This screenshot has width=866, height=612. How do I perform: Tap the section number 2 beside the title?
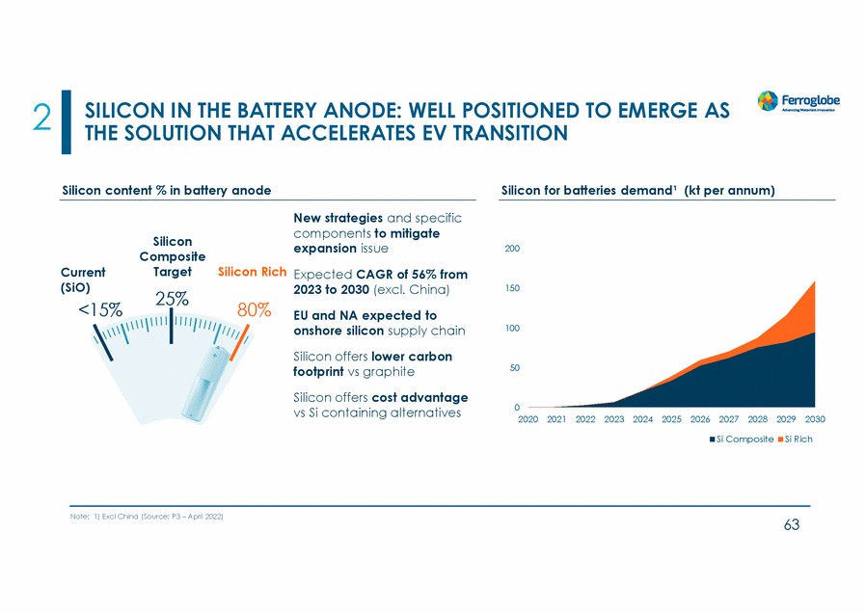point(41,119)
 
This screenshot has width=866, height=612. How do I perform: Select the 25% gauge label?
point(172,298)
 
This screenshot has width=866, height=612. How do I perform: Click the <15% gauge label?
point(99,309)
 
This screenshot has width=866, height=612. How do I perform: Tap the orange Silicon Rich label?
point(253,272)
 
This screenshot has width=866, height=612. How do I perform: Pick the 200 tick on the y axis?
point(512,249)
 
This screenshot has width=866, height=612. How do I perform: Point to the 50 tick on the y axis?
point(515,368)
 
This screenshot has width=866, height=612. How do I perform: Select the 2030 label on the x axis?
point(815,420)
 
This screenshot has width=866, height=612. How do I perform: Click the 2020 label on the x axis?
point(528,420)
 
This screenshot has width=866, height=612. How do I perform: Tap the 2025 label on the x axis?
point(671,420)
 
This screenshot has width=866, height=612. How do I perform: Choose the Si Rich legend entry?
point(796,439)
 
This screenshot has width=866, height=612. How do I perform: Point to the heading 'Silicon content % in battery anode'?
point(166,190)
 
